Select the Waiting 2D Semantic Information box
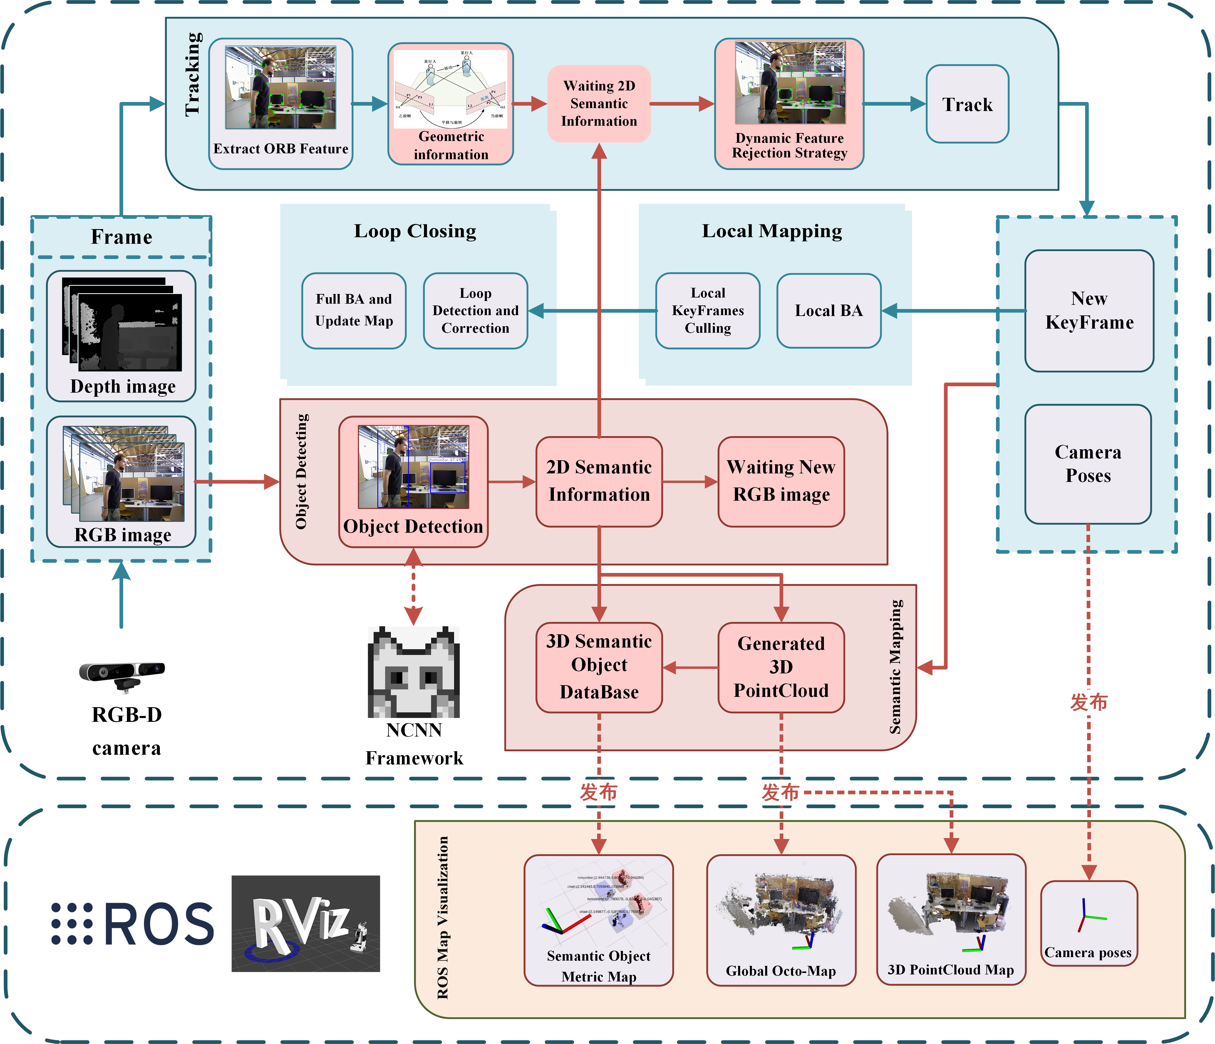tap(599, 104)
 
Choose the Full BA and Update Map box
tap(353, 311)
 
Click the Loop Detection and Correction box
tap(475, 311)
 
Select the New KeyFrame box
tap(1089, 311)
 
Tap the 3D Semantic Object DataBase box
tap(599, 667)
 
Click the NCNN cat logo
tap(413, 672)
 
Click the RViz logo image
tap(306, 923)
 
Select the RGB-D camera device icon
tap(122, 674)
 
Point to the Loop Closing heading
tap(415, 231)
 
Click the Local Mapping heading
tap(772, 231)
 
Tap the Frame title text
tap(121, 237)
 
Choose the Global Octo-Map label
tap(780, 971)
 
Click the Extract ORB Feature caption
tap(280, 149)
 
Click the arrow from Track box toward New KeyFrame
tap(1087, 152)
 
